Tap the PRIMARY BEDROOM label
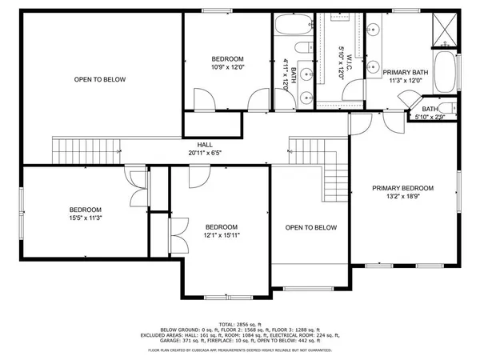pos(402,189)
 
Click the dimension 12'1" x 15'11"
pos(220,235)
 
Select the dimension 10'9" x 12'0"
pos(228,68)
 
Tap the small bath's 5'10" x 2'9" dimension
pos(430,118)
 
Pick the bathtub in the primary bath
pos(446,72)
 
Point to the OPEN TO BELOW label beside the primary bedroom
pos(311,228)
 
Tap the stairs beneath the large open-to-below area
pos(86,149)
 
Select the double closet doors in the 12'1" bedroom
pos(180,235)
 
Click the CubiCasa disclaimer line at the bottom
pos(240,350)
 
